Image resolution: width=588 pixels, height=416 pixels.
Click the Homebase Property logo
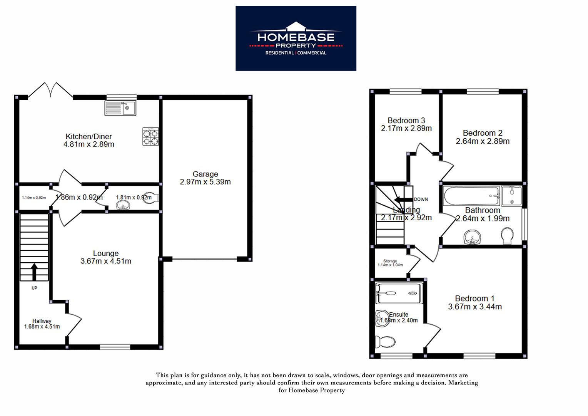coord(296,38)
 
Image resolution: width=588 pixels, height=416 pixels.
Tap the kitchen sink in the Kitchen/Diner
coord(120,108)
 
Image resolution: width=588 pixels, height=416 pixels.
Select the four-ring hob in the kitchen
coord(150,136)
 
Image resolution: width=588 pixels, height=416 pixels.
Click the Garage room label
coord(205,174)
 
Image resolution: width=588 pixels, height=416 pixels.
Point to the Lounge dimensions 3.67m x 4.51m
coord(106,261)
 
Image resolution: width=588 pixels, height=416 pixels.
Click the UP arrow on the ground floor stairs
coord(34,272)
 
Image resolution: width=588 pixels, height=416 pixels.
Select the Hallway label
coord(42,321)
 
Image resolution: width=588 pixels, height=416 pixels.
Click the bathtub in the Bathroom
coord(471,196)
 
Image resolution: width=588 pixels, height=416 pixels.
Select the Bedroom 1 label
coord(474,299)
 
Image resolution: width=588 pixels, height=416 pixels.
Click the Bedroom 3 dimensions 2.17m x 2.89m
coord(406,128)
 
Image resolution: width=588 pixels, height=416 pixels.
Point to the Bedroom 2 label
coord(483,133)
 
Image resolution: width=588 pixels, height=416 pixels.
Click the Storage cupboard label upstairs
coord(390,261)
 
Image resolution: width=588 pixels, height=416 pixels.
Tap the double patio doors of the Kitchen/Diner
coord(50,90)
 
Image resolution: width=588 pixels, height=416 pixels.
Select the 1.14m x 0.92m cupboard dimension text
coord(34,198)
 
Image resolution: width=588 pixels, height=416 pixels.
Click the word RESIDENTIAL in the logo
coord(279,53)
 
